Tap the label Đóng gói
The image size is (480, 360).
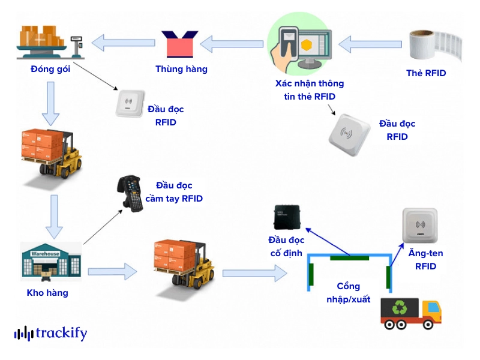[x=50, y=69]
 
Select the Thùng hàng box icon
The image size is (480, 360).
[x=181, y=43]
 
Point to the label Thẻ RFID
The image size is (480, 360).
[x=426, y=73]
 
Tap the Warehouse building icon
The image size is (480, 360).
[x=50, y=262]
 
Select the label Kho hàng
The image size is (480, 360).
[x=47, y=293]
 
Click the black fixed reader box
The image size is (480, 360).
[x=287, y=217]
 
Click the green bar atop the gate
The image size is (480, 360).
[x=349, y=258]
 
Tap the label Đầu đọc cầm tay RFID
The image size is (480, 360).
[x=174, y=191]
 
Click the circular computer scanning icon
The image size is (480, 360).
[x=298, y=43]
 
